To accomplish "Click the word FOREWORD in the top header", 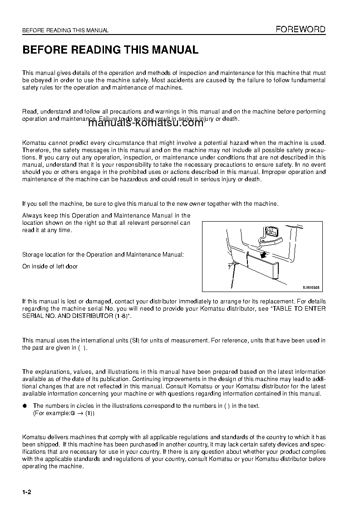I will click(x=301, y=30).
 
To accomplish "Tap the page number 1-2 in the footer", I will click(x=28, y=492).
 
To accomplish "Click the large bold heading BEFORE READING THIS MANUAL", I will click(x=110, y=50).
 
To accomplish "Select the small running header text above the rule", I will click(x=65, y=30).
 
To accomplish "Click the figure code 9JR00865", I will click(x=311, y=287).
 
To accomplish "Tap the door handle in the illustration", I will click(x=271, y=231).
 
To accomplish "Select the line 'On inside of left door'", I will click(x=50, y=267).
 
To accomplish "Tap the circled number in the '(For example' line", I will click(x=72, y=414).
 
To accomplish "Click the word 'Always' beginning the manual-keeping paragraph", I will click(x=32, y=215).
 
